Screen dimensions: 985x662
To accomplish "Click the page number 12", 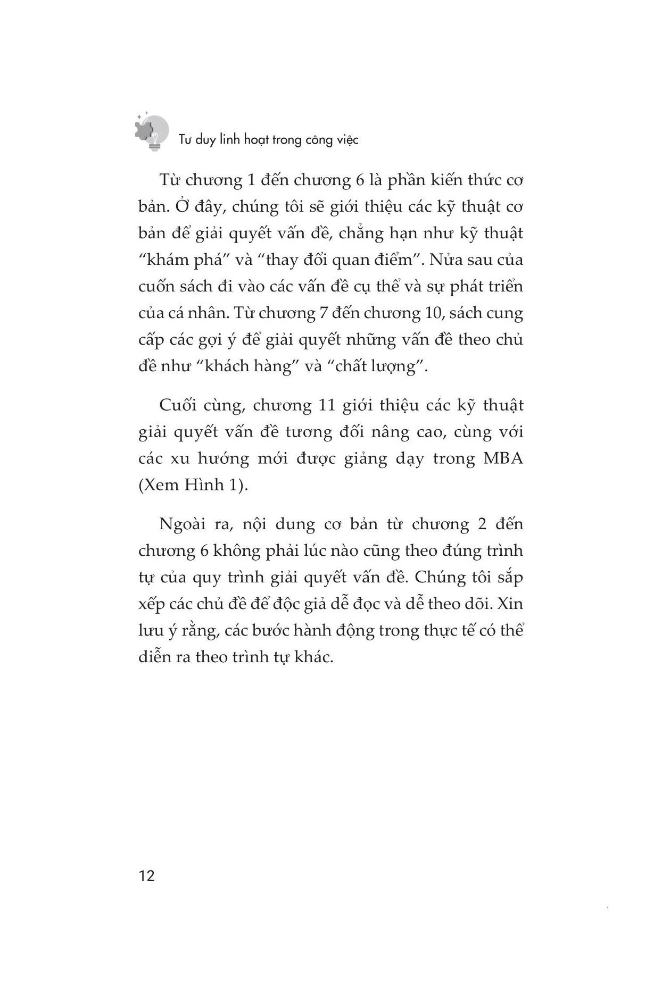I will coord(146,875).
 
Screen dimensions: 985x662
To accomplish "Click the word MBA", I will coord(503,458).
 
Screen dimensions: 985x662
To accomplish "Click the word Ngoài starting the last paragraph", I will coord(185,524).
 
